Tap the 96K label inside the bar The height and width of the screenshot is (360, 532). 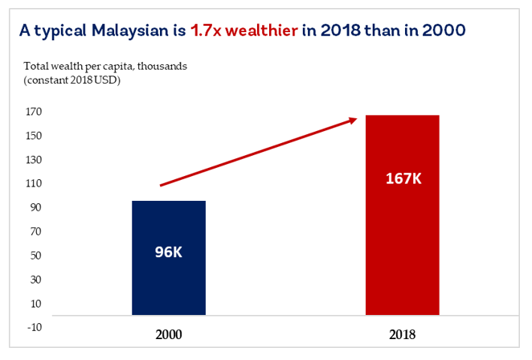pyautogui.click(x=169, y=252)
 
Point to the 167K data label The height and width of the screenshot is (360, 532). pyautogui.click(x=402, y=178)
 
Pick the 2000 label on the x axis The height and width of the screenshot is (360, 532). pyautogui.click(x=169, y=333)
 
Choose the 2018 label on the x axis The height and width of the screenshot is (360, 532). pyautogui.click(x=402, y=333)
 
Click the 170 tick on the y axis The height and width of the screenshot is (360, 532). pyautogui.click(x=35, y=112)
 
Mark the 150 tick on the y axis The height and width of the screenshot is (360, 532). pyautogui.click(x=35, y=136)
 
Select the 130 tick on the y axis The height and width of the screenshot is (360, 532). pyautogui.click(x=35, y=160)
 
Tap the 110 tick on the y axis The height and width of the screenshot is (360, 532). pyautogui.click(x=35, y=183)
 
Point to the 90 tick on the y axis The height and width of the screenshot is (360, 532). pyautogui.click(x=36, y=207)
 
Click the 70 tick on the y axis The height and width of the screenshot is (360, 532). pyautogui.click(x=36, y=231)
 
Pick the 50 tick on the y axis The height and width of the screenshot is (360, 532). pyautogui.click(x=36, y=256)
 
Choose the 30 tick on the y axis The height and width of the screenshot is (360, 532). pyautogui.click(x=36, y=279)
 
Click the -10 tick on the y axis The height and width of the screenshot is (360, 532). pyautogui.click(x=35, y=326)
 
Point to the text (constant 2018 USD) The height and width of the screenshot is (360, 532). pyautogui.click(x=72, y=79)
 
